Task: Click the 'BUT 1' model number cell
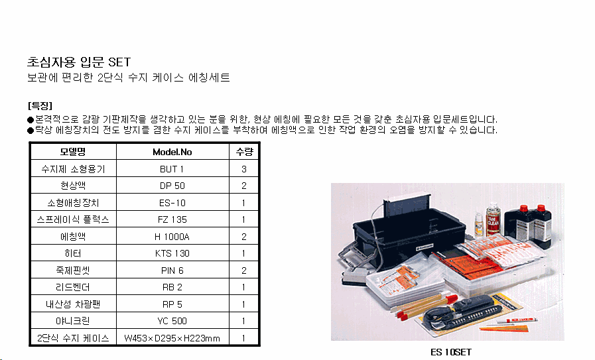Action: [x=172, y=169]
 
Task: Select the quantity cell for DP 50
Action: [x=244, y=186]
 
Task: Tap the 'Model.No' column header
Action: [x=172, y=152]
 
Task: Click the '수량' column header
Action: [x=244, y=152]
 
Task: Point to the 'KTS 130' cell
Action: [x=172, y=253]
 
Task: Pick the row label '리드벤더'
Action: [x=73, y=287]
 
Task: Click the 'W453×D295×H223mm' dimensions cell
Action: [x=172, y=338]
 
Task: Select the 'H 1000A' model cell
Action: [x=172, y=237]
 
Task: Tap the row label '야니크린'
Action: [x=73, y=321]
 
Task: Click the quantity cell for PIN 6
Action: [x=244, y=270]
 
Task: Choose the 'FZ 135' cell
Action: [x=172, y=219]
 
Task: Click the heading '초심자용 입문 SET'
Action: [x=79, y=62]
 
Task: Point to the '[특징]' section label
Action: [x=40, y=105]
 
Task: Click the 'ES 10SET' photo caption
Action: [x=451, y=352]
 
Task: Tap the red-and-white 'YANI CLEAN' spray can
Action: [x=493, y=218]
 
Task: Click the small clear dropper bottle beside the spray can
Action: [x=479, y=224]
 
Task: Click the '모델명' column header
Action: [x=73, y=152]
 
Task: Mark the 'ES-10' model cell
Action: [x=172, y=203]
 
